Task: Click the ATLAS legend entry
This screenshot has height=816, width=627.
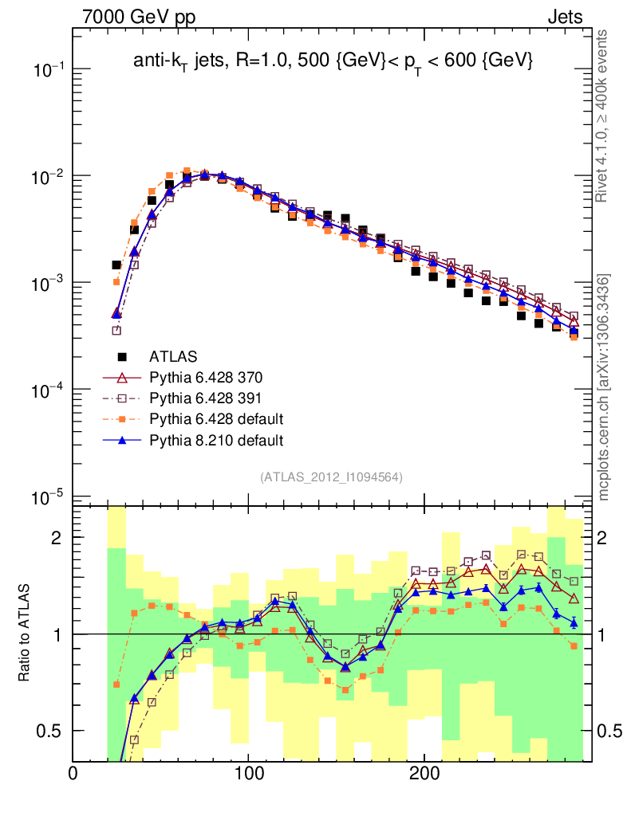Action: (x=173, y=356)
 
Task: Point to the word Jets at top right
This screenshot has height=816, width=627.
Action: (x=564, y=17)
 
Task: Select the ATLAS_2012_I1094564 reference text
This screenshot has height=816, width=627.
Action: (x=331, y=477)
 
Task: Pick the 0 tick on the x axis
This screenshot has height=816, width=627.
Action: (x=73, y=774)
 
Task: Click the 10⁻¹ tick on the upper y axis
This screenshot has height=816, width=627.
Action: (x=49, y=69)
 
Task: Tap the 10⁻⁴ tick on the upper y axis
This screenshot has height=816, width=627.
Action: (x=49, y=390)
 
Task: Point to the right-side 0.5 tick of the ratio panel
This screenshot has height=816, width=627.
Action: (x=611, y=731)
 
